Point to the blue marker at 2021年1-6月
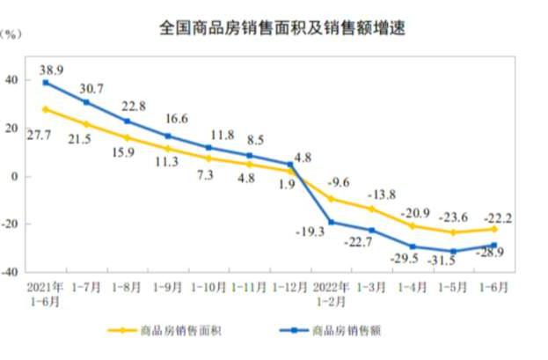tap(46, 82)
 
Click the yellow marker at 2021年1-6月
tap(46, 109)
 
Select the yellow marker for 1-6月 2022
tap(494, 229)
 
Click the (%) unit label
tap(12, 35)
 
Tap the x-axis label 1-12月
tap(289, 288)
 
